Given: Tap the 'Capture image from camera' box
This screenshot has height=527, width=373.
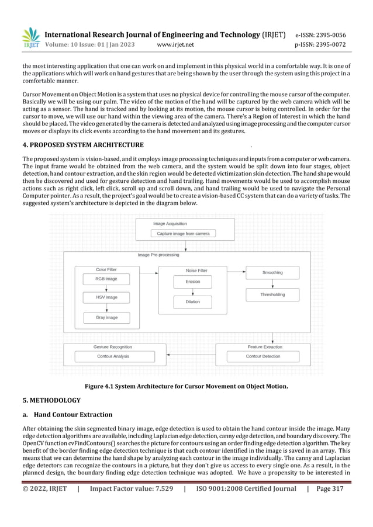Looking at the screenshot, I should pyautogui.click(x=183, y=234).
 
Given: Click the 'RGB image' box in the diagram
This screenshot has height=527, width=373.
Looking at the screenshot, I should pyautogui.click(x=106, y=279).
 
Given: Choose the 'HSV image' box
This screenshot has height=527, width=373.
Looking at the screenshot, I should pyautogui.click(x=106, y=297).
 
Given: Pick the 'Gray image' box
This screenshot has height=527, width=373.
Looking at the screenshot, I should pyautogui.click(x=106, y=317).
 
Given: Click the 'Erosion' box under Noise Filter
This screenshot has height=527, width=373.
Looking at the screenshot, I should pyautogui.click(x=192, y=282).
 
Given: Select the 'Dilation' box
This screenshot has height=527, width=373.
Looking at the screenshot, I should pyautogui.click(x=192, y=301).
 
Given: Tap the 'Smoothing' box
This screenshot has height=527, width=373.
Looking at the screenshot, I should pyautogui.click(x=272, y=272).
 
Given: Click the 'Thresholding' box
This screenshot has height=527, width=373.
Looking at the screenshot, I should pyautogui.click(x=272, y=295).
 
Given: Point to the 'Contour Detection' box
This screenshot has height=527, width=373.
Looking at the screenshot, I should pyautogui.click(x=263, y=356).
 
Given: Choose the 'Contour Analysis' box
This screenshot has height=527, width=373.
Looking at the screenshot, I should pyautogui.click(x=113, y=356).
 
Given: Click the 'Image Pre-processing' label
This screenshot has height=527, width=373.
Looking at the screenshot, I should pyautogui.click(x=158, y=255).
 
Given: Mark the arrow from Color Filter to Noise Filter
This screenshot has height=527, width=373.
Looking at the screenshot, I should pyautogui.click(x=149, y=272).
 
